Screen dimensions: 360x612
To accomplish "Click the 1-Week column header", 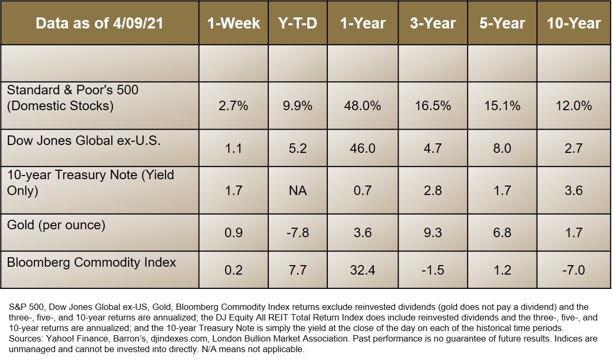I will (x=233, y=23).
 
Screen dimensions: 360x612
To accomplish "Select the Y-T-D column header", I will (x=297, y=23).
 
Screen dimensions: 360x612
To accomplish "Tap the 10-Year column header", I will (x=574, y=23).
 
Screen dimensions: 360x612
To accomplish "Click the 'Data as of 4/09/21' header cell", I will (x=99, y=23).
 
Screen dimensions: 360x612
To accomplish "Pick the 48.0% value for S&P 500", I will (x=363, y=105).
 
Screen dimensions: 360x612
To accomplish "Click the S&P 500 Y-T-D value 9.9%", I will (x=297, y=105).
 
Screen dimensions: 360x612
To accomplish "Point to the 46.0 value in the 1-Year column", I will (x=363, y=148).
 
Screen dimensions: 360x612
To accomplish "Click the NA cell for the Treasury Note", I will (x=297, y=189).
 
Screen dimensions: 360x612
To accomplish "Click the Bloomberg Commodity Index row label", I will (x=91, y=262).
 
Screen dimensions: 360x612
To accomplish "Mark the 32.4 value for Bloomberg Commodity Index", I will (x=363, y=270).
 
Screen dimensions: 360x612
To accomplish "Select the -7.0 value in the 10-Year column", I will (x=574, y=270).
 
